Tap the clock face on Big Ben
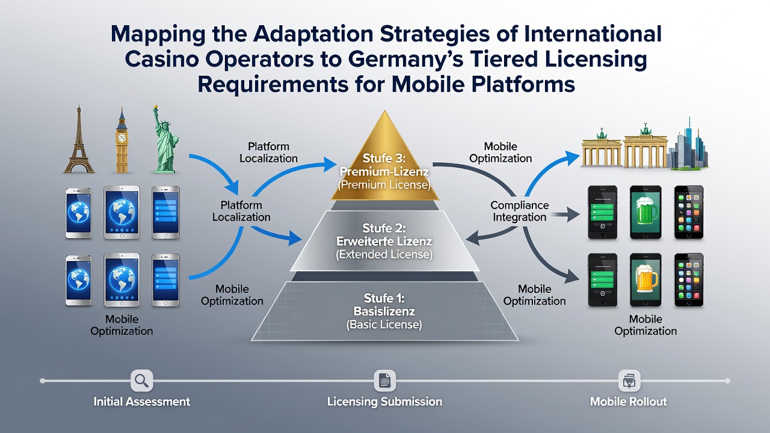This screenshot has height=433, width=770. click(x=122, y=138)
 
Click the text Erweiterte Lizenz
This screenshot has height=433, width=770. click(x=384, y=241)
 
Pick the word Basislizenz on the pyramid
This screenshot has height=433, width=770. click(x=384, y=312)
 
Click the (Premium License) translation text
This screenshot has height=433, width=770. click(x=384, y=185)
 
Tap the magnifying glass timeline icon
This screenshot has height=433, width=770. click(x=141, y=381)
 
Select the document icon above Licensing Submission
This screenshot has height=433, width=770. click(x=384, y=381)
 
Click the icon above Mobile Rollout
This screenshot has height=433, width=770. click(x=629, y=381)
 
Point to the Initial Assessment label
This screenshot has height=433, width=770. click(x=141, y=401)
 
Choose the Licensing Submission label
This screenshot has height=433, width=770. click(x=384, y=402)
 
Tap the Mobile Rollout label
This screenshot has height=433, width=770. click(x=629, y=401)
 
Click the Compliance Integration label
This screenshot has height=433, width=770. click(x=519, y=211)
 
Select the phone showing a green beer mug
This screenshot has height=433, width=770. click(x=645, y=212)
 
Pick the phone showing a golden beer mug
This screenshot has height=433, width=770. click(x=645, y=280)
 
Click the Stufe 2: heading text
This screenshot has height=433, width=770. click(x=384, y=228)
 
